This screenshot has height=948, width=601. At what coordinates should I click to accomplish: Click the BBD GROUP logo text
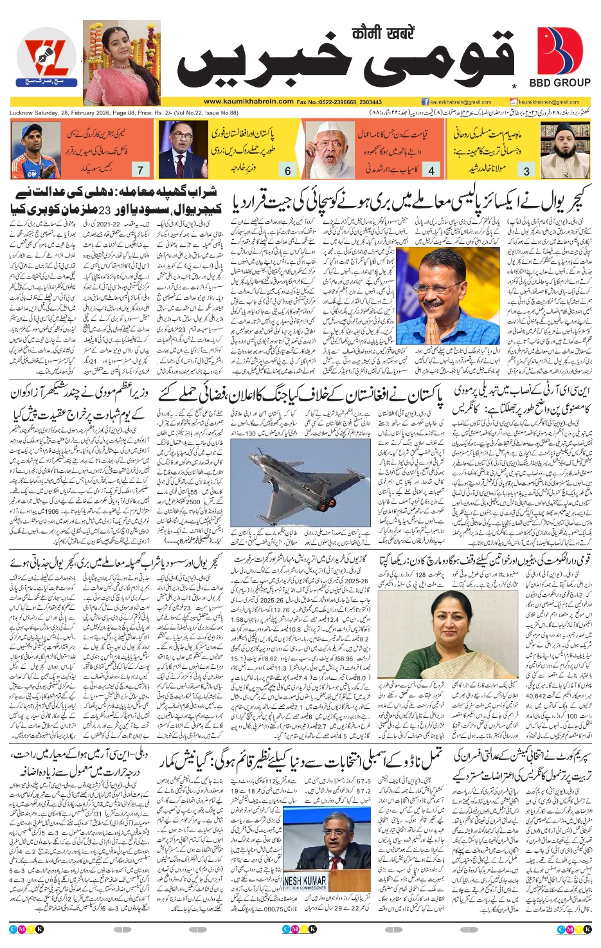[559, 83]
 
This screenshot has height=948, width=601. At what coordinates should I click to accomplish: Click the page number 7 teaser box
[140, 170]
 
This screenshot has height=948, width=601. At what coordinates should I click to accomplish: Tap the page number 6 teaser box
[287, 170]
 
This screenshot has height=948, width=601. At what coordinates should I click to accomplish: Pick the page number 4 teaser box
[431, 170]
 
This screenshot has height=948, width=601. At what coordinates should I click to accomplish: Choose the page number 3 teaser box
[526, 170]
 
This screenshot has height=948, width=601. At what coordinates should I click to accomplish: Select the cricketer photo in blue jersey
[35, 150]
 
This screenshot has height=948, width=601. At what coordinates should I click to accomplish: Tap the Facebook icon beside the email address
[426, 102]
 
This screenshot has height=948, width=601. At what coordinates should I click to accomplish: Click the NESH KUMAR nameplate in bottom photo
[305, 880]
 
